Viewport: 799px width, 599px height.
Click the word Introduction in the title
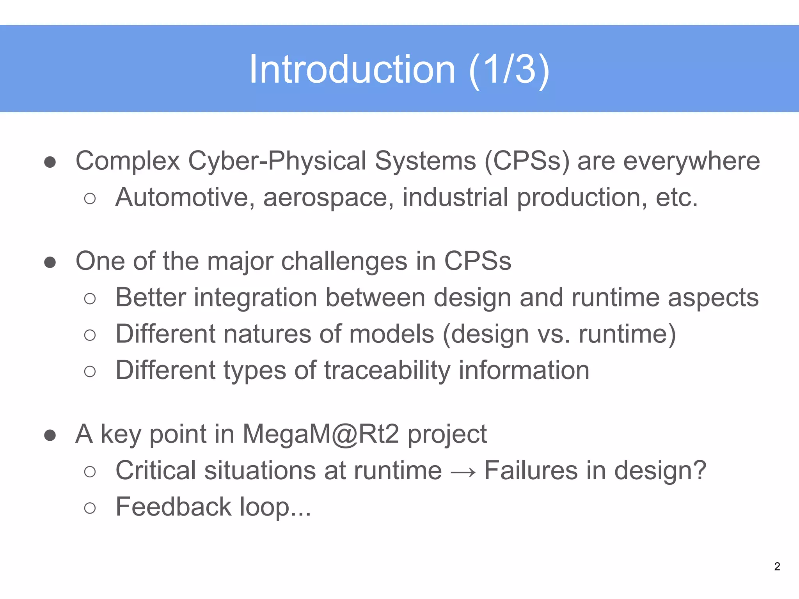pyautogui.click(x=352, y=69)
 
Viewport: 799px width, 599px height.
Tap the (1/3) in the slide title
pyautogui.click(x=509, y=69)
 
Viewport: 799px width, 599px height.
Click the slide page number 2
pyautogui.click(x=777, y=566)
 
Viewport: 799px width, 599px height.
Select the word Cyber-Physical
pyautogui.click(x=277, y=161)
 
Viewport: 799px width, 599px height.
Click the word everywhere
pyautogui.click(x=691, y=161)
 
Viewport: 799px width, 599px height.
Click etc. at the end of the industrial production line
pyautogui.click(x=676, y=197)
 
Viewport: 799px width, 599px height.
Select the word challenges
pyautogui.click(x=344, y=261)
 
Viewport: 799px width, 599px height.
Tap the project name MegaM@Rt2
pyautogui.click(x=321, y=434)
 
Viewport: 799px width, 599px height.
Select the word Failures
pyautogui.click(x=531, y=470)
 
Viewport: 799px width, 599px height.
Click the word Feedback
pyautogui.click(x=173, y=507)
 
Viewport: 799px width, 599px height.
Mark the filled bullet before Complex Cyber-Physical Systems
pyautogui.click(x=50, y=162)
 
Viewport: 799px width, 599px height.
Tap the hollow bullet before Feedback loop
pyautogui.click(x=90, y=508)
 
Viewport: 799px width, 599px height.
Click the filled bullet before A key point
pyautogui.click(x=50, y=435)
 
